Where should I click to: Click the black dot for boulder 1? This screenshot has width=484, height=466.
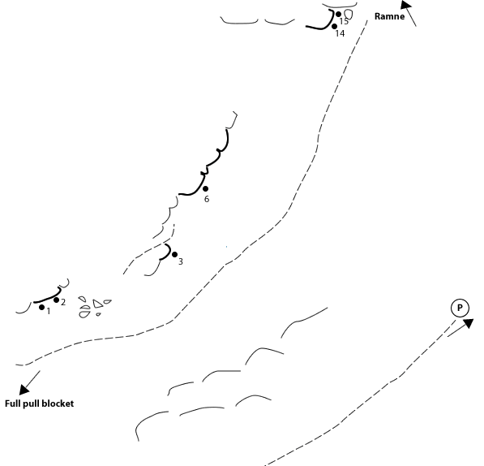tap(41, 307)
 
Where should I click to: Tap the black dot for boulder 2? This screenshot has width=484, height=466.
tap(56, 300)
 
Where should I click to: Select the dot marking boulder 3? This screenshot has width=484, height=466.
tap(174, 254)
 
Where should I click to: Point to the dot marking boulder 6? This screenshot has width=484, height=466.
tap(205, 188)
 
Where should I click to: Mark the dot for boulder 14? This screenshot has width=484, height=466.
tap(334, 27)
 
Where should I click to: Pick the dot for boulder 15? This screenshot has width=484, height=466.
tap(338, 15)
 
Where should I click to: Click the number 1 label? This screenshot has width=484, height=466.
tap(49, 311)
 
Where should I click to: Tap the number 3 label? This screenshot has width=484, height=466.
tap(181, 261)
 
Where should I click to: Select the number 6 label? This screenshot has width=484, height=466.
tap(207, 199)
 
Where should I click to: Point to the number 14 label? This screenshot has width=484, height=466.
tap(340, 33)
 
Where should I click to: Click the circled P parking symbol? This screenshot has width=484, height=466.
tap(460, 308)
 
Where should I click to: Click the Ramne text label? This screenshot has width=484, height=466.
tap(389, 16)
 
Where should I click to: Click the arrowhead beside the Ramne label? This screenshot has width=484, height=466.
tap(405, 5)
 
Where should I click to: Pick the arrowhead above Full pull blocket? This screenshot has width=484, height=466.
tap(24, 390)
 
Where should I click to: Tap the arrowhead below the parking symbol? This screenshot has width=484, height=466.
tap(469, 323)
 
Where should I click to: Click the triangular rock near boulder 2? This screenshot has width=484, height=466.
tap(97, 304)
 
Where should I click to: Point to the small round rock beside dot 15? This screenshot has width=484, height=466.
tap(349, 15)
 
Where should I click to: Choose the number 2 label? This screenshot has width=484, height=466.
tap(63, 302)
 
